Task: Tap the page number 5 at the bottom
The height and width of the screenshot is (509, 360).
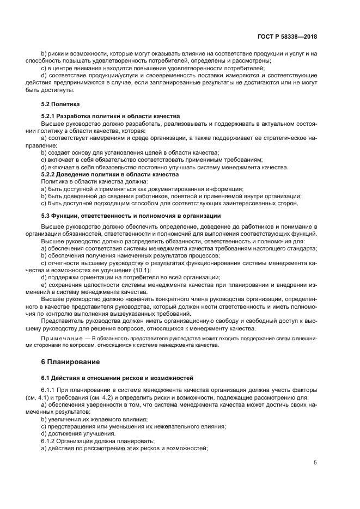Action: coord(315,463)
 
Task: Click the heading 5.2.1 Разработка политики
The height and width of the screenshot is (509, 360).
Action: coord(111,116)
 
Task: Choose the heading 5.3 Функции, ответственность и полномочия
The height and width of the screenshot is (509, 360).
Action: coord(131,216)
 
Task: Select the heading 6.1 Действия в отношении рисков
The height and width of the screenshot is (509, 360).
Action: coord(117,377)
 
